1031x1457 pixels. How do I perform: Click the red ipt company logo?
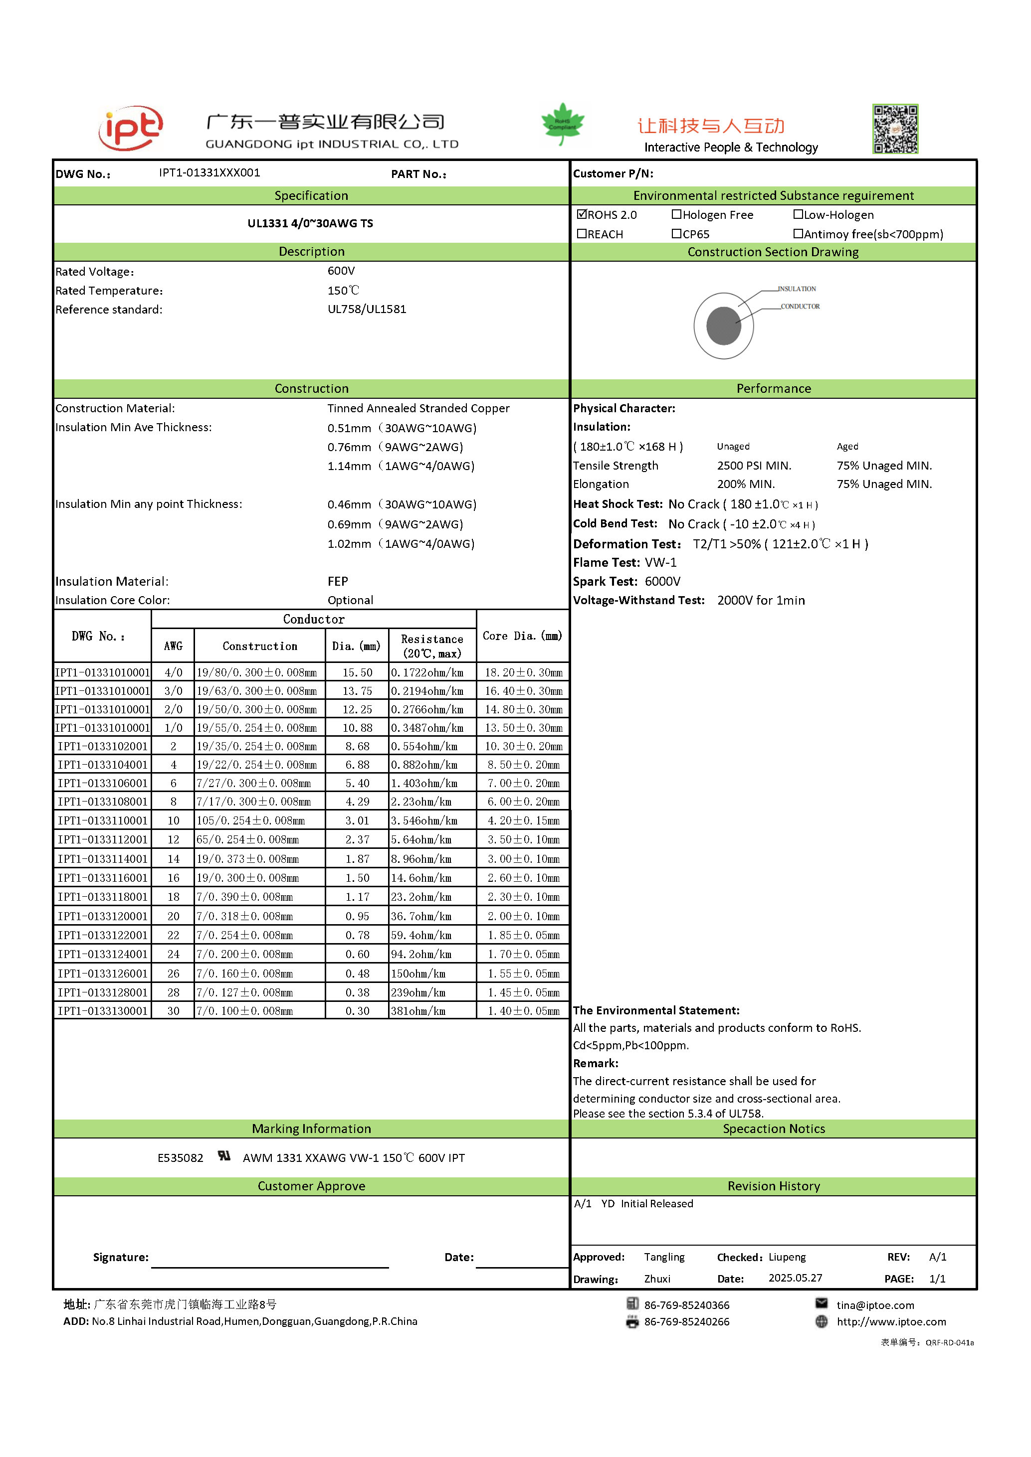[131, 128]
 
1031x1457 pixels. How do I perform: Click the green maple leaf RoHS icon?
[563, 124]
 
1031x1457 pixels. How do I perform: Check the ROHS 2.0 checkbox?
[582, 214]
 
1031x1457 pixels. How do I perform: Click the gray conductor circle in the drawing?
[723, 325]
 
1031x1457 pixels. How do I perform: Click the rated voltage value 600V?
[341, 271]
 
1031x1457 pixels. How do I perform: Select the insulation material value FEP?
[338, 581]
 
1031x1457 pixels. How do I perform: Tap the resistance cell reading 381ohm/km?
[418, 1011]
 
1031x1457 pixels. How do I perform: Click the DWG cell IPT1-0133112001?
[103, 839]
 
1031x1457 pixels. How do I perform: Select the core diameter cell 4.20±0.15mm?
[523, 820]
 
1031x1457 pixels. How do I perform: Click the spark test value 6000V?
[662, 581]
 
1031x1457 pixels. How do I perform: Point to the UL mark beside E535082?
[223, 1156]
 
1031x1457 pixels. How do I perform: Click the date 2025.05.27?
[795, 1278]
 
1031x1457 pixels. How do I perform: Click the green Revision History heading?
[773, 1186]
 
